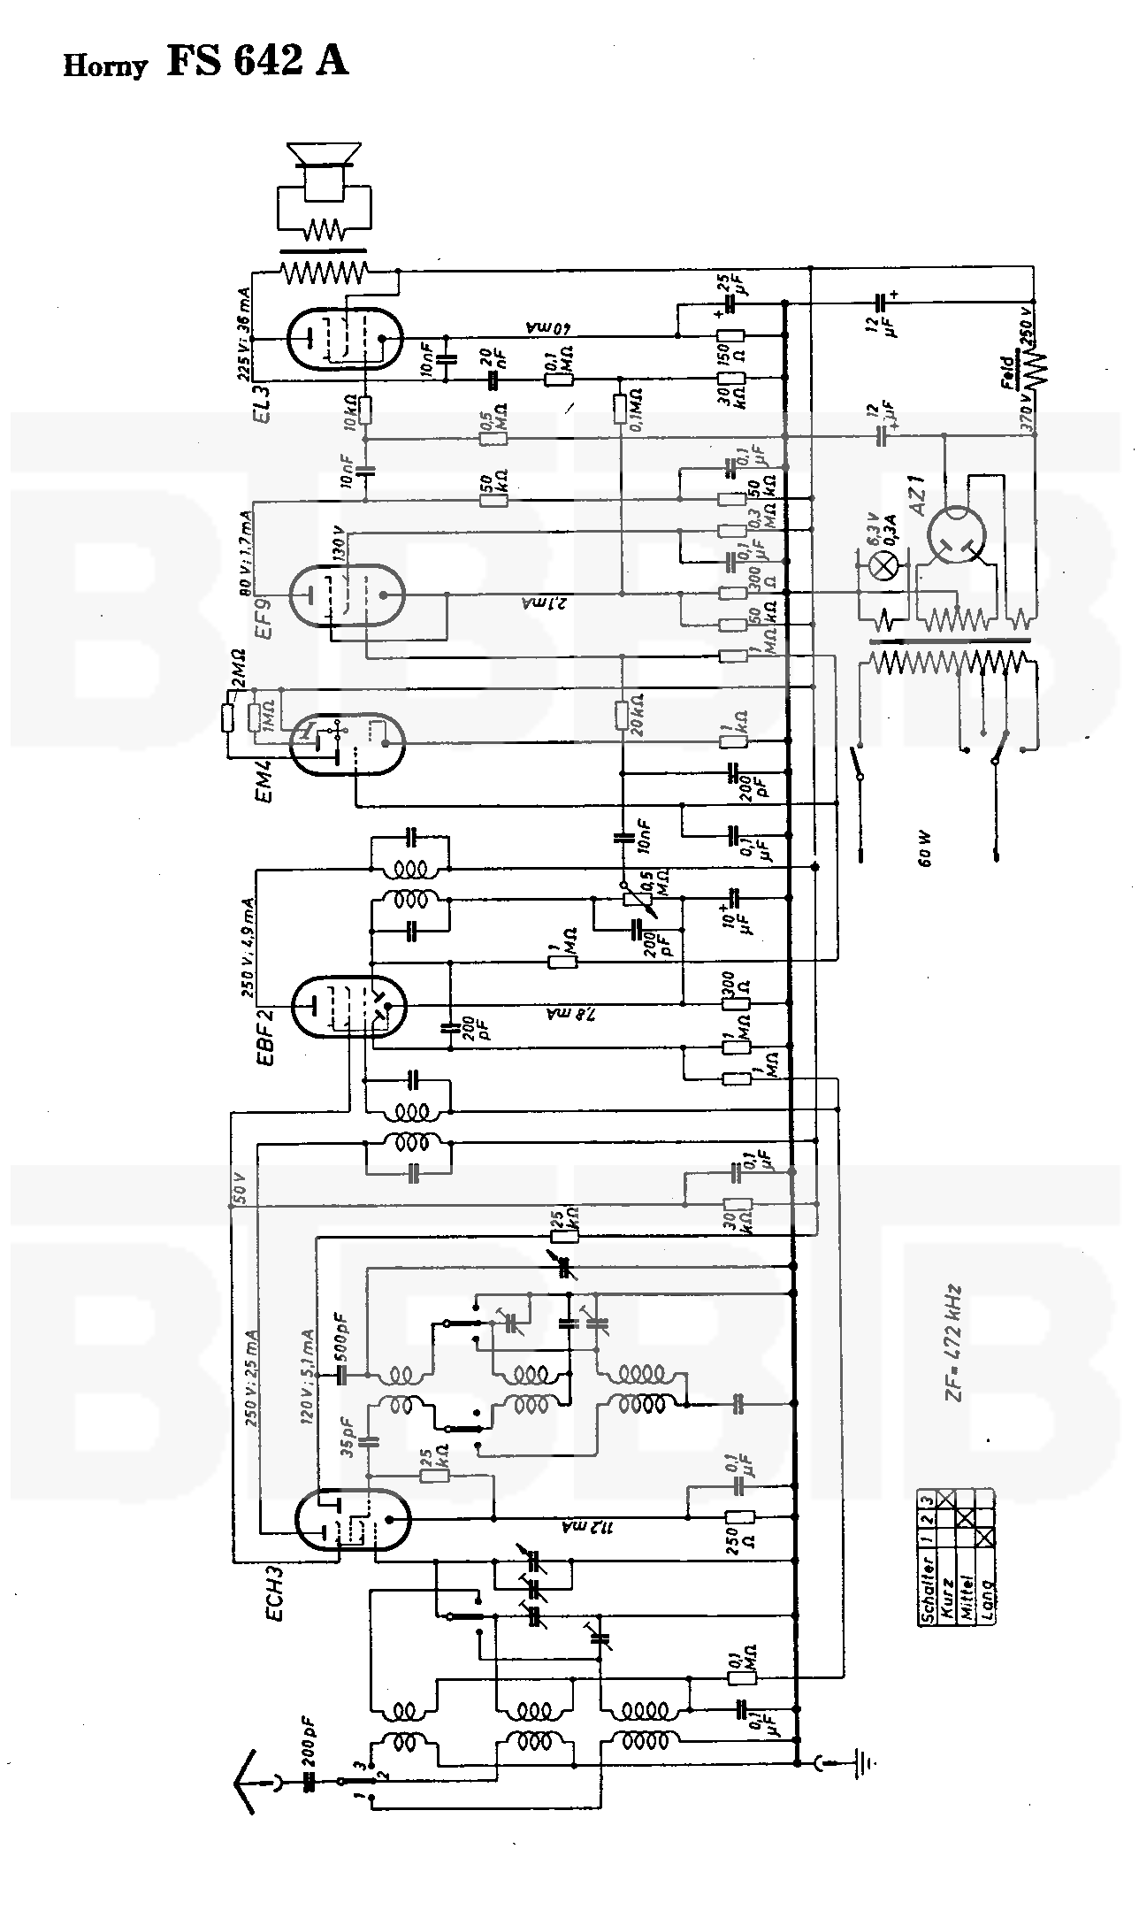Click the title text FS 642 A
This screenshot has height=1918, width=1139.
[257, 62]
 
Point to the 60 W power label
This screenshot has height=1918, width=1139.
[926, 847]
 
